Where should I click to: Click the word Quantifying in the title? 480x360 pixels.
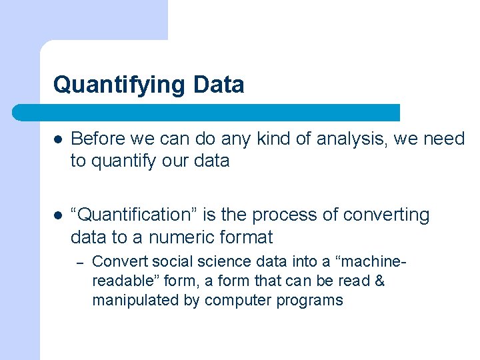[119, 85]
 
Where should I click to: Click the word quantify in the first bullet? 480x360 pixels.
[117, 161]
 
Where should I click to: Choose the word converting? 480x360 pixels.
[387, 215]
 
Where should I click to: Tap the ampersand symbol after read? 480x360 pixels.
[379, 281]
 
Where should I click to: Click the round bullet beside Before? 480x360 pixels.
[59, 139]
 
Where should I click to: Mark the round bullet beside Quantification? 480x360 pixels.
[59, 215]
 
